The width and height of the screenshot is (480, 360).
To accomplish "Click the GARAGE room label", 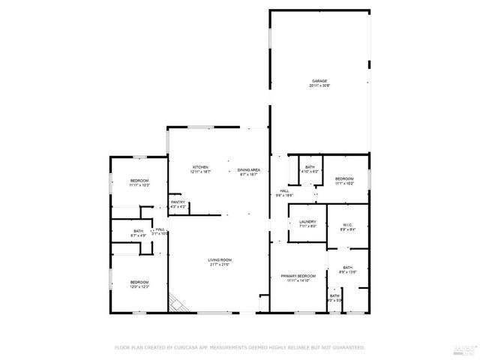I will pyautogui.click(x=320, y=80).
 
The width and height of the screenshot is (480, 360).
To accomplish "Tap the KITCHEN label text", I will pyautogui.click(x=200, y=167).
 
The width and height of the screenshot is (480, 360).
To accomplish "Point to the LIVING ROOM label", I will pyautogui.click(x=220, y=259).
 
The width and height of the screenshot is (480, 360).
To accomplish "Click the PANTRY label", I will pyautogui.click(x=178, y=202).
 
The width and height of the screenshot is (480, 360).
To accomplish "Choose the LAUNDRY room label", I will pyautogui.click(x=307, y=221).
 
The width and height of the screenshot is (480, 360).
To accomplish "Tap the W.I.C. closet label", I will pyautogui.click(x=348, y=224).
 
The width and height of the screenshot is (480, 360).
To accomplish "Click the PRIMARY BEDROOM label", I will pyautogui.click(x=298, y=276).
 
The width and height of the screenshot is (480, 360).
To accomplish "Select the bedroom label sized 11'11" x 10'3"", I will pyautogui.click(x=139, y=181).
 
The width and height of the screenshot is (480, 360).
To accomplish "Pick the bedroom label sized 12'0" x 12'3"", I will pyautogui.click(x=139, y=282).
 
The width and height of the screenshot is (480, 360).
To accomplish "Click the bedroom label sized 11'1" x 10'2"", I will pyautogui.click(x=344, y=178).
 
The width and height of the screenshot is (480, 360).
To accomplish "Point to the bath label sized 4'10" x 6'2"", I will pyautogui.click(x=310, y=166).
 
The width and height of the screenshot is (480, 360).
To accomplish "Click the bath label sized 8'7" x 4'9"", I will pyautogui.click(x=138, y=231).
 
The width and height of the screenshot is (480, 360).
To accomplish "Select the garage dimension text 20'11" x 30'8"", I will pyautogui.click(x=320, y=85).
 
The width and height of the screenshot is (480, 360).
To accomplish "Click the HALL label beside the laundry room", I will pyautogui.click(x=284, y=190).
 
